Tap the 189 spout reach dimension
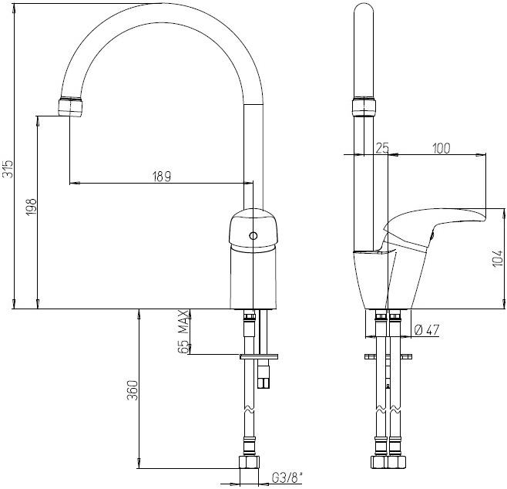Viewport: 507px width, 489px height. [x=161, y=176]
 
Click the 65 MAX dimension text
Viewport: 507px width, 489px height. [x=183, y=332]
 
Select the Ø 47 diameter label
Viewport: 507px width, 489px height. [x=426, y=330]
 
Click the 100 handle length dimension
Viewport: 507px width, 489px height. [x=442, y=149]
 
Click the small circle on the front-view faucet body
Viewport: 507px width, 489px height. [x=251, y=236]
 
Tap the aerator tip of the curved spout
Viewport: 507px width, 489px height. [x=70, y=107]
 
